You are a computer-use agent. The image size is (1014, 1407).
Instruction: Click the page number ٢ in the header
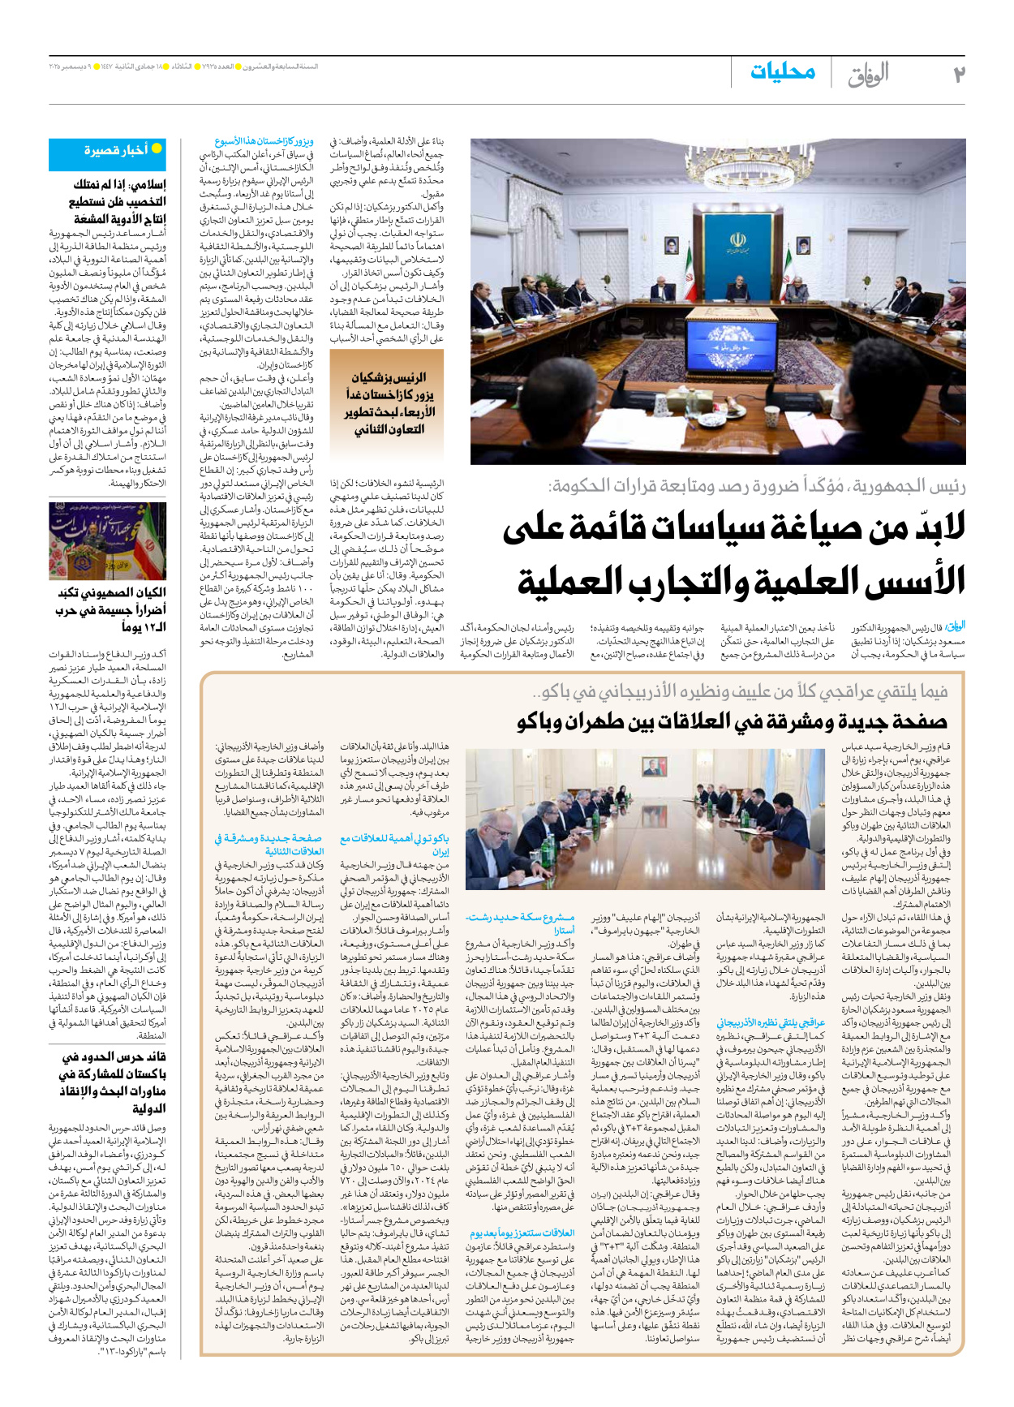tap(958, 74)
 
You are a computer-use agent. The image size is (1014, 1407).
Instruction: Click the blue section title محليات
tap(782, 72)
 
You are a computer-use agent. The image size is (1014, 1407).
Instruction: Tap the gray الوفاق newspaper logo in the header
tap(868, 75)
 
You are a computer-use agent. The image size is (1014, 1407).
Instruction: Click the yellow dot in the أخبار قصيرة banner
tap(157, 148)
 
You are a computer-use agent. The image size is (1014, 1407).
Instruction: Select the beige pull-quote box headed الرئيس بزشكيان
tap(387, 403)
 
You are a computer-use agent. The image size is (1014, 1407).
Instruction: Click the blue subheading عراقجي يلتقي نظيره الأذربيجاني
tap(771, 1022)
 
